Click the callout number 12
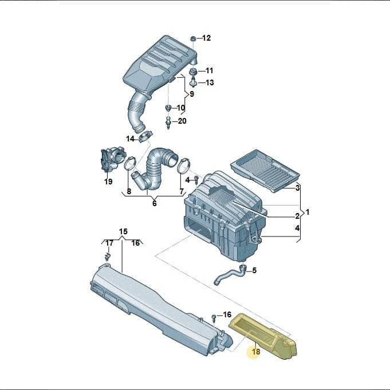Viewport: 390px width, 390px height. (206, 38)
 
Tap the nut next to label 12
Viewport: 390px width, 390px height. (193, 38)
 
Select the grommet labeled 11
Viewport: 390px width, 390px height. (193, 72)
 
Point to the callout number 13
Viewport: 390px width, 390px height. (210, 82)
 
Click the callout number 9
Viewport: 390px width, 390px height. (191, 94)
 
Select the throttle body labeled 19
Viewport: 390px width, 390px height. (113, 159)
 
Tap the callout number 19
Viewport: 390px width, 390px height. (108, 182)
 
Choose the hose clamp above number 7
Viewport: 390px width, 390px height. (184, 166)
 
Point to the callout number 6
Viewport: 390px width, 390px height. (155, 203)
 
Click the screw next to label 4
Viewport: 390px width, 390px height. (196, 180)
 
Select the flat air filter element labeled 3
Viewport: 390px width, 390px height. (265, 171)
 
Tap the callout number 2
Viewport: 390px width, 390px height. (297, 216)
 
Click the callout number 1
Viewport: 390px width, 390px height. (308, 212)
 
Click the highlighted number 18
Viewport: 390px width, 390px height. (256, 352)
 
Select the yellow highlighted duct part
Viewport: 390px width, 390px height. (263, 336)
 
